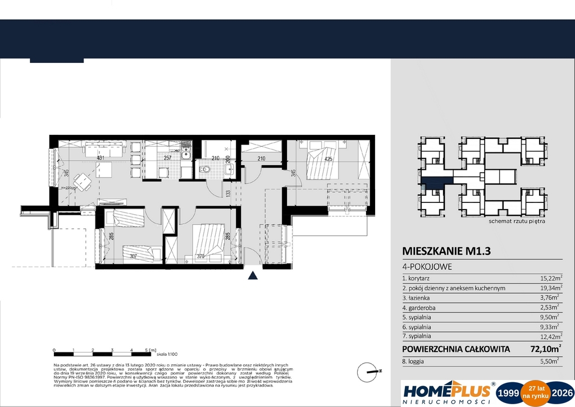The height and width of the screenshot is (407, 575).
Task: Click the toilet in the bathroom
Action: click(x=206, y=169)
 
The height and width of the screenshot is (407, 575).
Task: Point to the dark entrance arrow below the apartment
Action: click(x=253, y=275)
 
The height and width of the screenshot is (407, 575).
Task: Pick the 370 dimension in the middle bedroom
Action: click(x=200, y=257)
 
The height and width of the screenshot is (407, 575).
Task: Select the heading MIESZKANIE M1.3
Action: click(x=446, y=251)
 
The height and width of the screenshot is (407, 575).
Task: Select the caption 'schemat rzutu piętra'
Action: click(x=517, y=221)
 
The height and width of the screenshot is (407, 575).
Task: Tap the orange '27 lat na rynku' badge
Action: click(x=532, y=391)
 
